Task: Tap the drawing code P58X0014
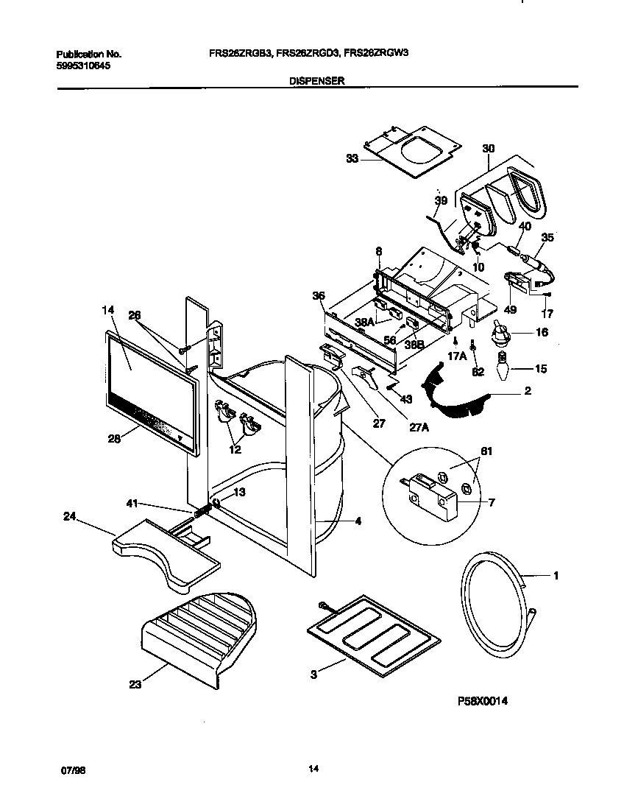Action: (x=483, y=702)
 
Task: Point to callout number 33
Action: (x=352, y=158)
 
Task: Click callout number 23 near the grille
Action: (x=135, y=684)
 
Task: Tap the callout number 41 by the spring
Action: (x=132, y=503)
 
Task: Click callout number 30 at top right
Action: (x=488, y=149)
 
